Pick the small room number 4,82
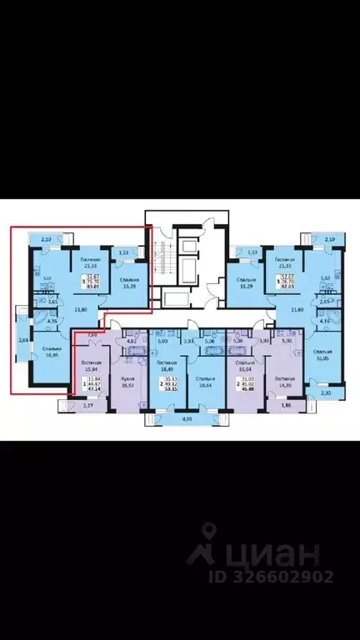(131, 341)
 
